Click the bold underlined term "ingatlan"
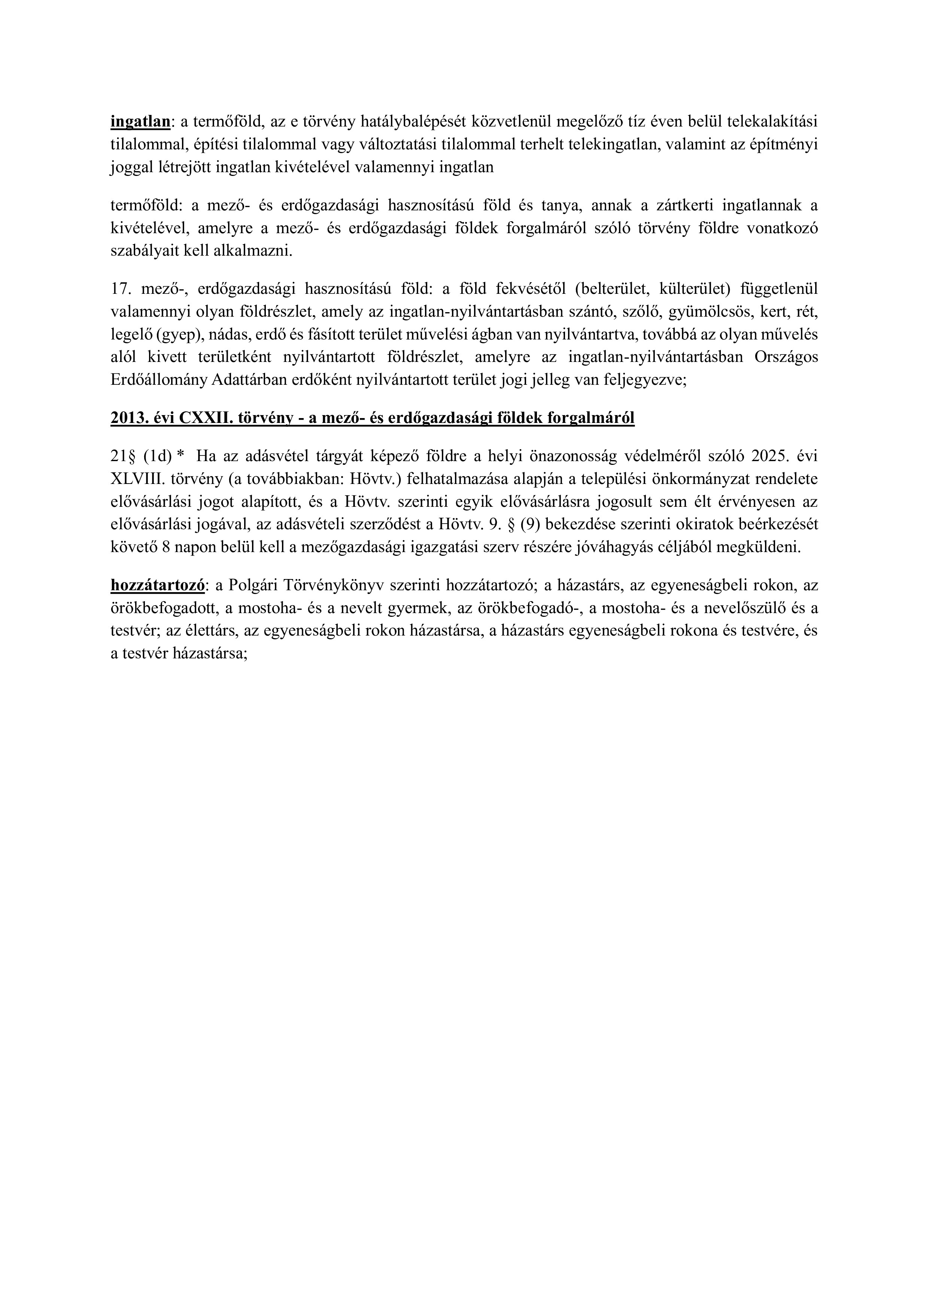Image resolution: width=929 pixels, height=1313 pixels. click(x=140, y=122)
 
